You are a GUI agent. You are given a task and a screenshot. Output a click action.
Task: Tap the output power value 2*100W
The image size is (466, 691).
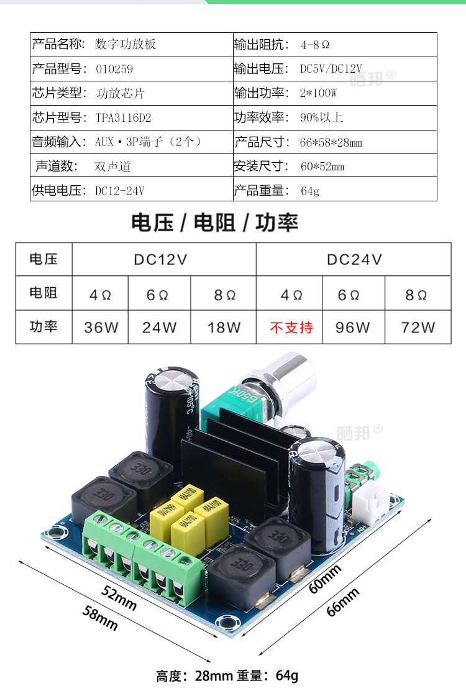(x=318, y=93)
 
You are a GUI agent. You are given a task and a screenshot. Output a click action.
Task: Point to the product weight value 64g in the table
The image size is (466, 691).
(x=309, y=191)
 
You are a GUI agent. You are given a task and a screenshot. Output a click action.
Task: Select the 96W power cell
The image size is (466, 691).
(x=352, y=327)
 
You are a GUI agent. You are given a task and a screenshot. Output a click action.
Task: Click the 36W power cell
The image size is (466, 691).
(x=101, y=327)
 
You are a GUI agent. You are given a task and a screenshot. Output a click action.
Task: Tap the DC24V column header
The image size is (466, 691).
(x=354, y=260)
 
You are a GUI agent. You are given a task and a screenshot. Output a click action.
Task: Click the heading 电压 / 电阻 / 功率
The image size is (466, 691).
(x=215, y=222)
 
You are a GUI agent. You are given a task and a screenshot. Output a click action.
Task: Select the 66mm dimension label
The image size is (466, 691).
(x=344, y=602)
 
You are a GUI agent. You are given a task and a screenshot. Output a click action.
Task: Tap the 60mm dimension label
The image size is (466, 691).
(x=326, y=579)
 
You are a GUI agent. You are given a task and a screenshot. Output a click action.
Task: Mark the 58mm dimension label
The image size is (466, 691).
(x=100, y=618)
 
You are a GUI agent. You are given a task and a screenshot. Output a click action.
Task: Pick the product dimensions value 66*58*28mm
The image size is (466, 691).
(x=331, y=142)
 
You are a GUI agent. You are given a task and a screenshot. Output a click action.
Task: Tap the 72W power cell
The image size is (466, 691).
(x=419, y=327)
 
